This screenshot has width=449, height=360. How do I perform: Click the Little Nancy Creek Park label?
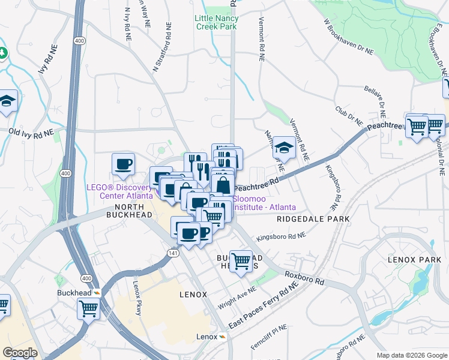[x=216, y=22]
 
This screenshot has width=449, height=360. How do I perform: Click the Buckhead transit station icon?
[x=97, y=293]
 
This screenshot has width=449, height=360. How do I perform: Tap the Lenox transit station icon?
[x=222, y=337]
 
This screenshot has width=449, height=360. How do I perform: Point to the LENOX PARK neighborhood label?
[x=415, y=260]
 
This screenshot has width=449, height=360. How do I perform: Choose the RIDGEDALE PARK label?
[x=313, y=220]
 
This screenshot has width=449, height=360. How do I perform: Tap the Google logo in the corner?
[x=20, y=353]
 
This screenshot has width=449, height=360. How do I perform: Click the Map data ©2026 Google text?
[x=411, y=355]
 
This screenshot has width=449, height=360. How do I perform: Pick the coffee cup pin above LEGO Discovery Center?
[x=124, y=164]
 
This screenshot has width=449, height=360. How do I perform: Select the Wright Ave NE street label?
[x=237, y=297]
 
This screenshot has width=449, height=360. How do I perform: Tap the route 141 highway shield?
[x=172, y=254]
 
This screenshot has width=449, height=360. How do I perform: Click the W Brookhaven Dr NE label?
[x=348, y=38]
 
